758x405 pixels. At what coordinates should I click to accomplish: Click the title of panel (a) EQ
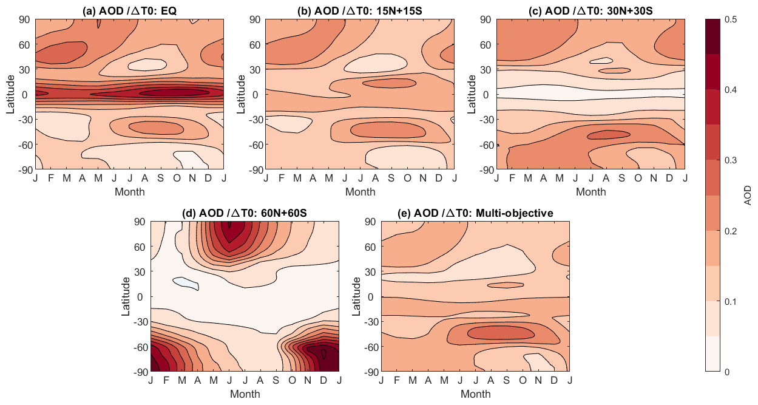coord(129,10)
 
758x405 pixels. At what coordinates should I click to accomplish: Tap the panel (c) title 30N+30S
coord(590,10)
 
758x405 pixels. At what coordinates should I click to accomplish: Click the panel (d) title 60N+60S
coord(245,213)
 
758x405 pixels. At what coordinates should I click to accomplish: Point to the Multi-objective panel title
coord(475,213)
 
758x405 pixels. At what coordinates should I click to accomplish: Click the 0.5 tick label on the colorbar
coord(731,19)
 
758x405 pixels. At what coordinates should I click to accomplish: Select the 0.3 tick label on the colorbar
coord(731,160)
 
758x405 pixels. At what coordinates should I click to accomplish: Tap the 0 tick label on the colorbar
coord(726,371)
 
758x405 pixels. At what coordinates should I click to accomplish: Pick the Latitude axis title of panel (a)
coord(11,94)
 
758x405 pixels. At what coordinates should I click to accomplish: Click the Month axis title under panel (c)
coord(590,192)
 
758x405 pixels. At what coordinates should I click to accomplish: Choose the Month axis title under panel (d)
coord(245,394)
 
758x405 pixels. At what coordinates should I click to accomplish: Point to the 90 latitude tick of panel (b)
coord(255,19)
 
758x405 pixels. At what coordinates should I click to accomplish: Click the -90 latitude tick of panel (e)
coord(368,371)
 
